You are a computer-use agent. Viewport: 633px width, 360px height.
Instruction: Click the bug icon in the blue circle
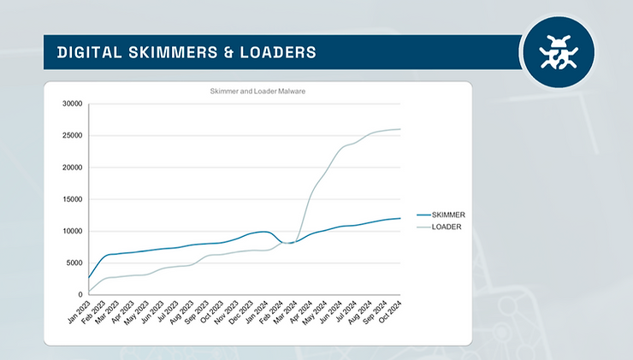point(559,51)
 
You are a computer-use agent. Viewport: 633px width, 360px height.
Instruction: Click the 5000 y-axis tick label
point(73,263)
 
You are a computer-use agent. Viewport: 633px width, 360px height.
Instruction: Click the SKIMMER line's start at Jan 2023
point(89,277)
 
